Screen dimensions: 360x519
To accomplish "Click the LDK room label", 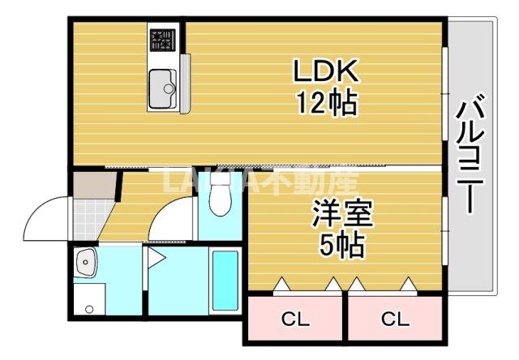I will coord(325,71).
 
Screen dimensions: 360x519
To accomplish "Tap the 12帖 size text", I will coord(325,103).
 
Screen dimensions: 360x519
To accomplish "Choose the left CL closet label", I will coord(295,319).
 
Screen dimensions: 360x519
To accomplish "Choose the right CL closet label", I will coord(395,319).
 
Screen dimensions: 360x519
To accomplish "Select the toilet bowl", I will coord(219,199).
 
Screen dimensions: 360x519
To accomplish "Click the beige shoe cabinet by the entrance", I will coord(87,186).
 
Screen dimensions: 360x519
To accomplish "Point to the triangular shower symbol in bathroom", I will coord(157,260).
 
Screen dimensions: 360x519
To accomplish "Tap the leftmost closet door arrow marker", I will coord(281,284).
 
